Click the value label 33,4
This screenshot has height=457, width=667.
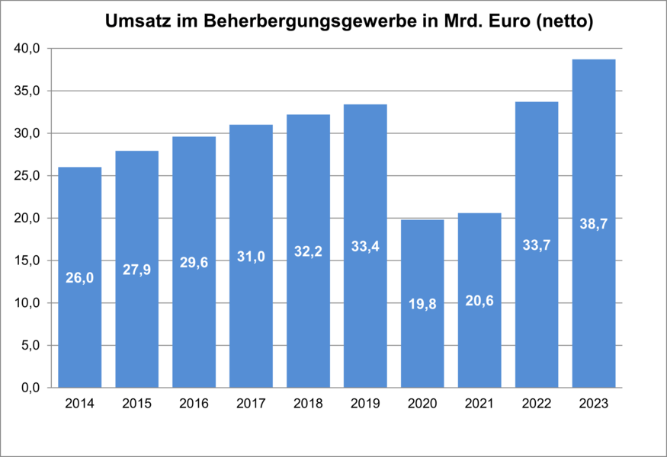(365, 246)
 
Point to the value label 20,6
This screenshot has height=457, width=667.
(479, 300)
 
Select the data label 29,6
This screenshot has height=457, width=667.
(194, 262)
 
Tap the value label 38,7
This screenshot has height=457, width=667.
(594, 224)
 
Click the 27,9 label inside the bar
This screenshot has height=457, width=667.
(136, 270)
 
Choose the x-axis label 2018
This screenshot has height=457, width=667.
(308, 404)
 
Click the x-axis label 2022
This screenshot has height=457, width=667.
(537, 404)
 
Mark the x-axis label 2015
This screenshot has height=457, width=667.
(136, 404)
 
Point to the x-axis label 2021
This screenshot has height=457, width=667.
(479, 404)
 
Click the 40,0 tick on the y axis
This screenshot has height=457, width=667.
(30, 49)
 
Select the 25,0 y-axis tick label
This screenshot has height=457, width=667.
(30, 176)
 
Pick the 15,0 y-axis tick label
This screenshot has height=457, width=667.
(30, 260)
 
